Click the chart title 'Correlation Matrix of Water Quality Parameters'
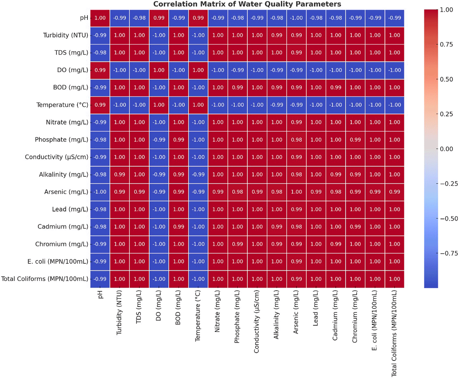click(247, 4)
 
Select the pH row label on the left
click(84, 18)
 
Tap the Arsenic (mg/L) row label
click(66, 192)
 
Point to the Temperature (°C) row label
click(62, 105)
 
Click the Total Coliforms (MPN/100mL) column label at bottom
click(394, 333)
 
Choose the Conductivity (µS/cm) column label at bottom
click(256, 322)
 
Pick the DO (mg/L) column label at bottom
click(159, 306)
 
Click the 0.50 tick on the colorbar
click(446, 79)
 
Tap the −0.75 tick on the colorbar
click(449, 253)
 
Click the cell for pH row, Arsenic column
click(296, 18)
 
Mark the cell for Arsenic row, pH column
click(100, 192)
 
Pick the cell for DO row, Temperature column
click(198, 70)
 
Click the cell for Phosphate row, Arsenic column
click(296, 140)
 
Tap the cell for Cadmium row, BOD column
click(179, 227)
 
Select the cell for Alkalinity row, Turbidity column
click(120, 174)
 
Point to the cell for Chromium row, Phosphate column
click(238, 244)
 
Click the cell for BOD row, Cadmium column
click(336, 88)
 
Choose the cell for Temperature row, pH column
click(100, 105)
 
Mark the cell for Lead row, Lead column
click(316, 210)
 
